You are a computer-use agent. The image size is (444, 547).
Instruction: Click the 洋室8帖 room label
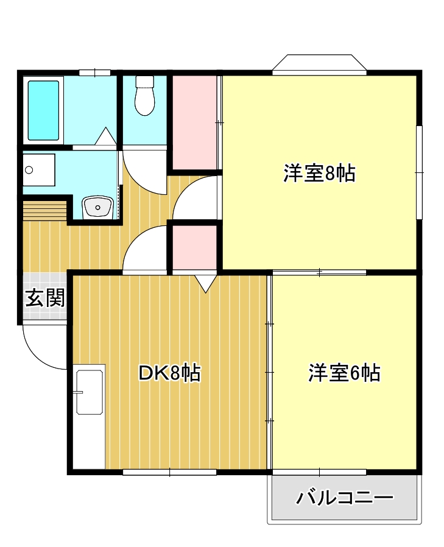tap(319, 174)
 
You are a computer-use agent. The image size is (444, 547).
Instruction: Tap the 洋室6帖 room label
tap(344, 372)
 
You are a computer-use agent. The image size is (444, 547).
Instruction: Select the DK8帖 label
tap(169, 373)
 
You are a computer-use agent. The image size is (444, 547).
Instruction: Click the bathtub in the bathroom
tap(44, 110)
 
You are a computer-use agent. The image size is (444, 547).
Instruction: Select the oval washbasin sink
tap(97, 207)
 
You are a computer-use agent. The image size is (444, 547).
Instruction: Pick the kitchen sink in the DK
tap(89, 392)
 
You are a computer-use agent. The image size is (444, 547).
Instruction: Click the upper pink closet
tap(194, 122)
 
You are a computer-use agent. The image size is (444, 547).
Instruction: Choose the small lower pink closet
tap(194, 247)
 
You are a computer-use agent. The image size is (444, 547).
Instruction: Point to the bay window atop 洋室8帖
tap(319, 64)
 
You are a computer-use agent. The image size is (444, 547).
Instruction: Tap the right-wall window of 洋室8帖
tap(419, 172)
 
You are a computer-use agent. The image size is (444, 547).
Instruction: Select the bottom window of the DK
tap(169, 472)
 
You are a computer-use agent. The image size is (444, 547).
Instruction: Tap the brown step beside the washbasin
tap(44, 210)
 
